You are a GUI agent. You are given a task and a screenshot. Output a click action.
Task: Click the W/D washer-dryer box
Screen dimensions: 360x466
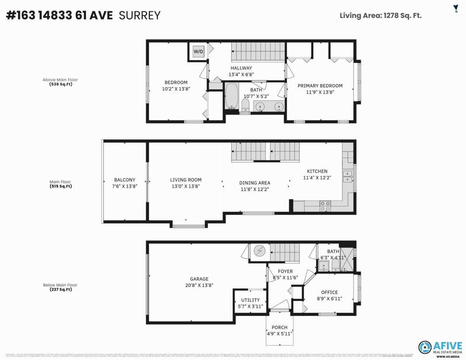tap(198, 52)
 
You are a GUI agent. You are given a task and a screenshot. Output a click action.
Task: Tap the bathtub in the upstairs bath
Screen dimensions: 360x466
tap(231, 96)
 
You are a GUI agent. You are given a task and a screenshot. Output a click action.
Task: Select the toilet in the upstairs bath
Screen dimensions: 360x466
tap(245, 105)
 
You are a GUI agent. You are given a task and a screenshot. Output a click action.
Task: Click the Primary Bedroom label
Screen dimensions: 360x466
tap(320, 86)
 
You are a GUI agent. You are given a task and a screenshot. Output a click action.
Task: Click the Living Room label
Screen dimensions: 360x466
tap(186, 180)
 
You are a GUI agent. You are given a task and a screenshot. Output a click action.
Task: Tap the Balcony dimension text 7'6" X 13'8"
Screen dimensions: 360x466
tap(125, 186)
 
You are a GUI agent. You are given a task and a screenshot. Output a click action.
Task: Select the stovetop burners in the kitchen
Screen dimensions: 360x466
tap(325, 206)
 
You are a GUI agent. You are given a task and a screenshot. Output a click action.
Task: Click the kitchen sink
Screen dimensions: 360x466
tap(347, 177)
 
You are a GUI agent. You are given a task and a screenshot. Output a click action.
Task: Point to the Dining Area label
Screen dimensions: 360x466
tap(254, 183)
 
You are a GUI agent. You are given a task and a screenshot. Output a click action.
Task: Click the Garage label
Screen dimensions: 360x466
tap(199, 279)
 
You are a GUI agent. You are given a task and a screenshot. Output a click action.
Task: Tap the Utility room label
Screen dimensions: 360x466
tap(250, 300)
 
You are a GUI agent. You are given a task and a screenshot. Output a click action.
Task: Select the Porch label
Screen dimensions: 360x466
tap(280, 327)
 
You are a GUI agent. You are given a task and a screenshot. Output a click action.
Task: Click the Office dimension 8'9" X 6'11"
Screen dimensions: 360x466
tap(329, 299)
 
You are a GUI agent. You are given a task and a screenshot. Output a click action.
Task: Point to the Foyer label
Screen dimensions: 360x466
tap(285, 271)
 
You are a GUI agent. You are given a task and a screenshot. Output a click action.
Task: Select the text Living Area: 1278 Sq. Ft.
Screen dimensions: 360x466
tap(381, 16)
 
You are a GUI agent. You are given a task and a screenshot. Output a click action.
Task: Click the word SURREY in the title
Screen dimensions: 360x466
tap(139, 16)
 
